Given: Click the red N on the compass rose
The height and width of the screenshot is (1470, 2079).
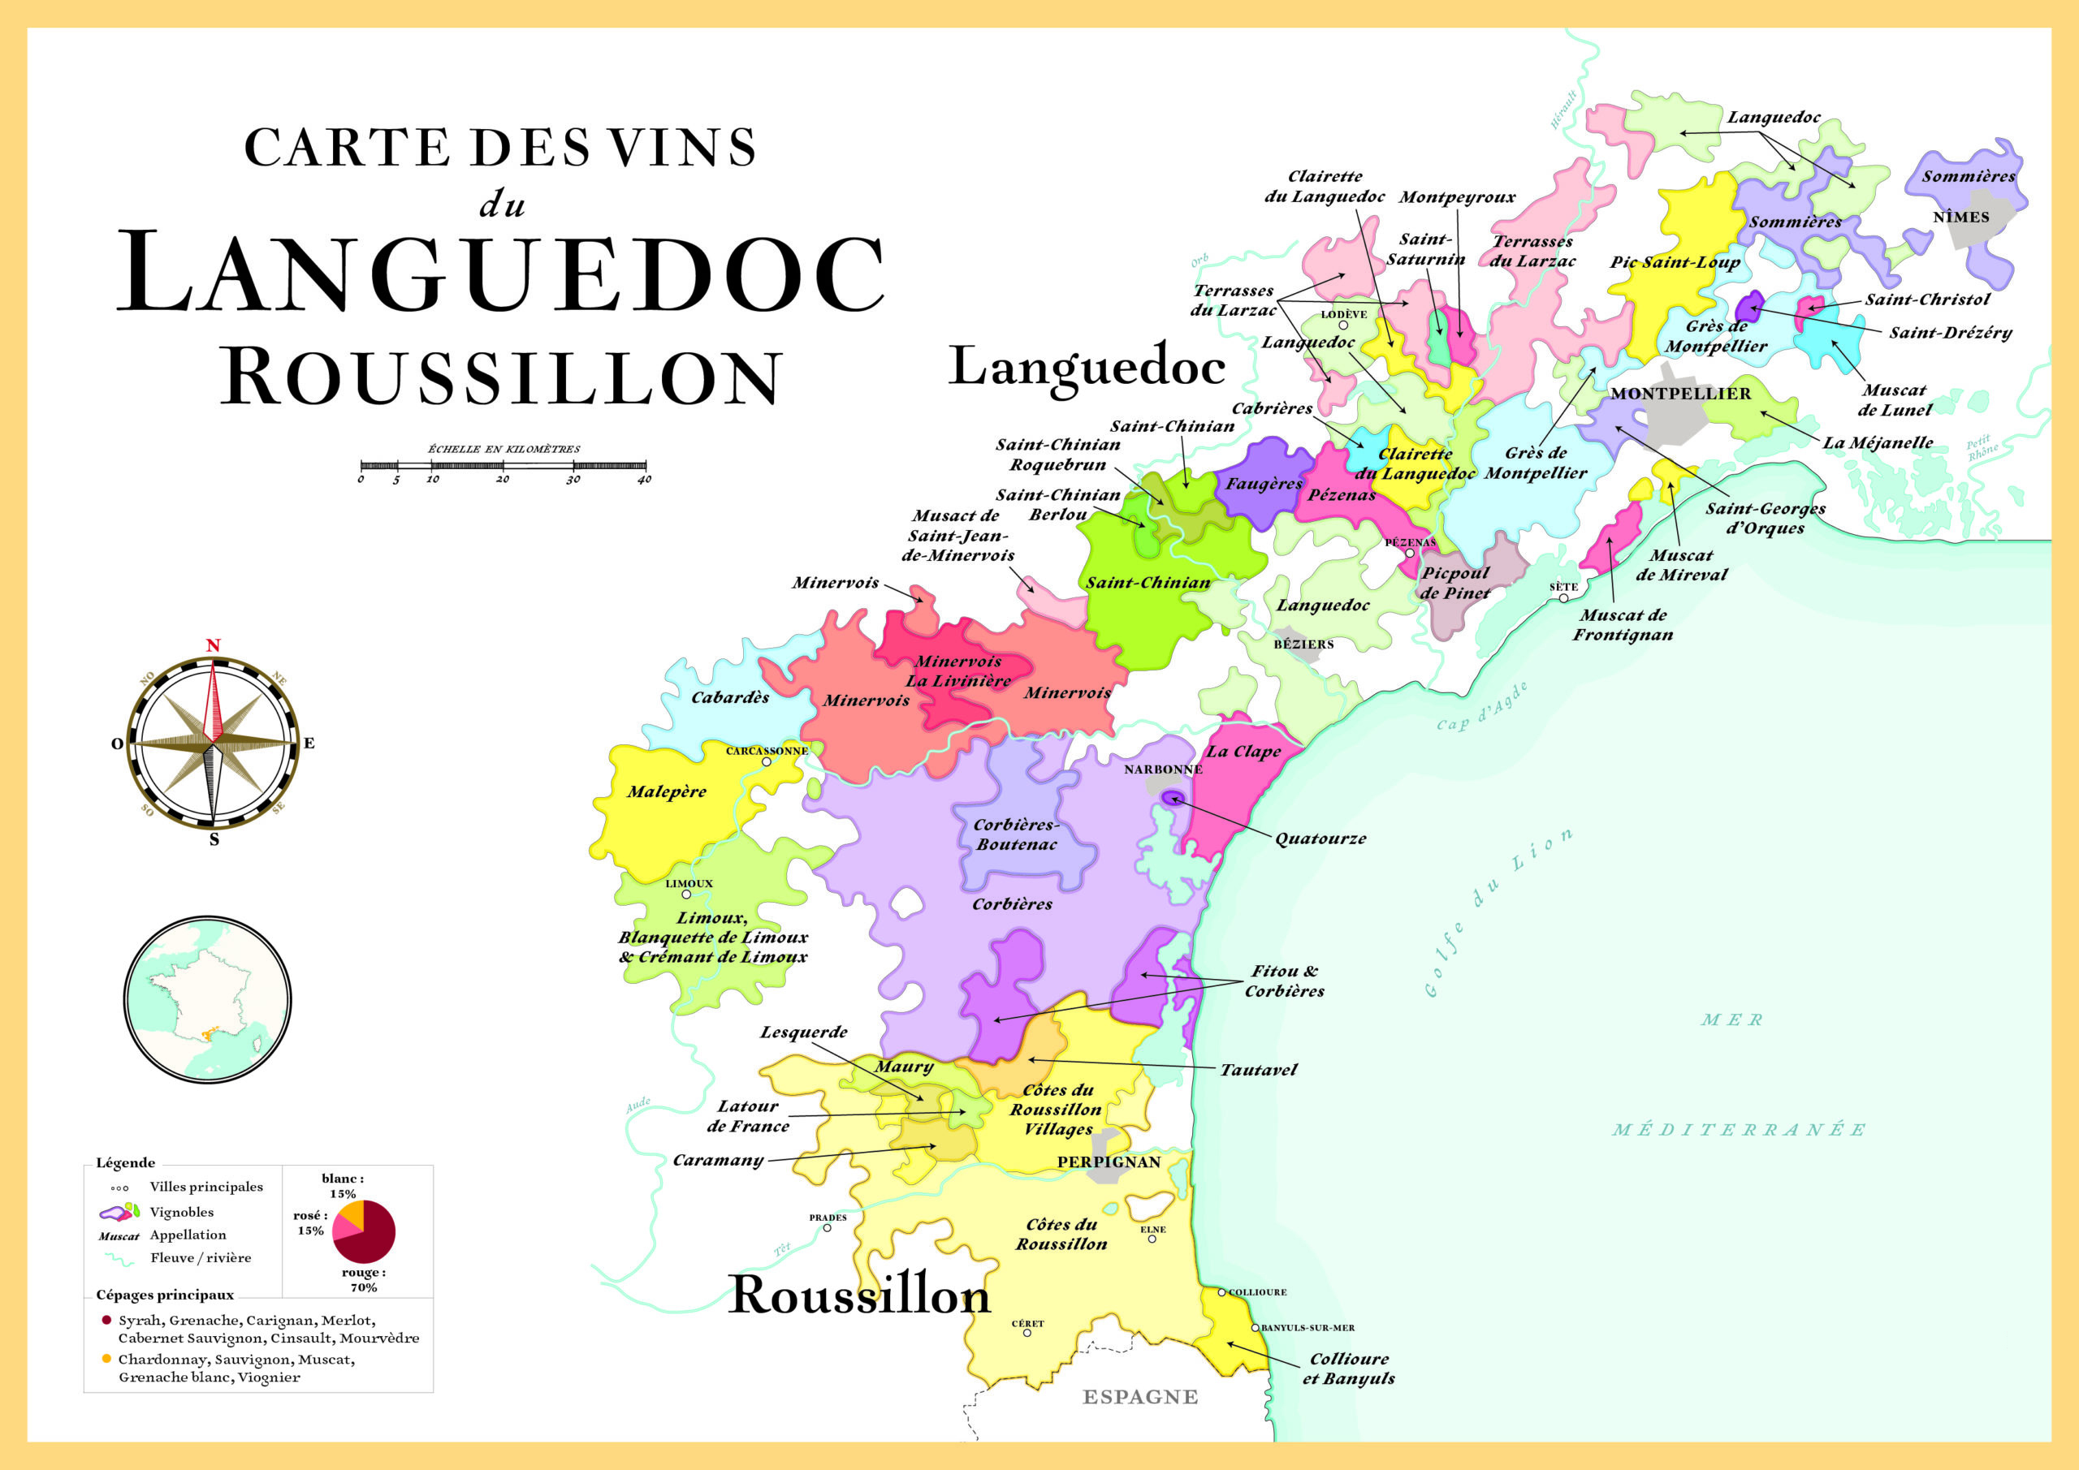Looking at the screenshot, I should [x=213, y=645].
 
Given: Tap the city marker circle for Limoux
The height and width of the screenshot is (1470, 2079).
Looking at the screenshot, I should [x=686, y=895].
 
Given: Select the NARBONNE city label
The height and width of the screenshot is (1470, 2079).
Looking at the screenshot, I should [x=1163, y=769].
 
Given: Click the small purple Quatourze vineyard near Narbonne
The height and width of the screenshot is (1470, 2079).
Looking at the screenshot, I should [x=1173, y=797].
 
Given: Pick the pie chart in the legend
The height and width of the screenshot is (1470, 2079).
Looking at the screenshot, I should [x=364, y=1232].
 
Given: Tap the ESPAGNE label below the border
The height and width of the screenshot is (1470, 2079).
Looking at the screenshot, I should [x=1140, y=1397].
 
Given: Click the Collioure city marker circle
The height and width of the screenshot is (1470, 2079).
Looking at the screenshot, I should [x=1221, y=1292].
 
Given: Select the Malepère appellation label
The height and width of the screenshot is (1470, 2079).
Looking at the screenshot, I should [x=667, y=791].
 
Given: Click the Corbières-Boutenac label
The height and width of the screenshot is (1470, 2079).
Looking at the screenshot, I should [x=1016, y=834].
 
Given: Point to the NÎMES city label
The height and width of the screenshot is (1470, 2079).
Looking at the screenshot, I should [x=1961, y=218].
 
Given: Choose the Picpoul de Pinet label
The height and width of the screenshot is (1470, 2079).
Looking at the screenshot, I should [x=1454, y=583].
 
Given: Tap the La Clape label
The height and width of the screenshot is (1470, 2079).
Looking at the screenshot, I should [x=1243, y=752].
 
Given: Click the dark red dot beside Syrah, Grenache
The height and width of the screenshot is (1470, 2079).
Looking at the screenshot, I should [x=107, y=1320].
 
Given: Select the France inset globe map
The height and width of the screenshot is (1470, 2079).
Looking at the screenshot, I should [x=207, y=999].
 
